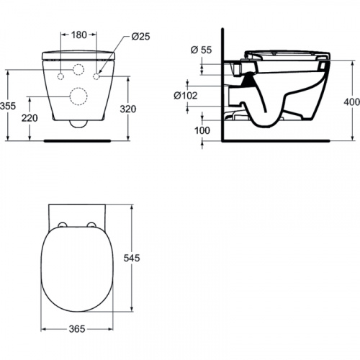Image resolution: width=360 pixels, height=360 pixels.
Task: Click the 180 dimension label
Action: [x=79, y=35]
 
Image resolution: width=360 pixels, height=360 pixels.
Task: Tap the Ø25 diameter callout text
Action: [x=140, y=37]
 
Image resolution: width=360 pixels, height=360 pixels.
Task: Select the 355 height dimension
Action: [x=8, y=106]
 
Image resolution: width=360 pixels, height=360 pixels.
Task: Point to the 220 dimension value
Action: [x=30, y=118]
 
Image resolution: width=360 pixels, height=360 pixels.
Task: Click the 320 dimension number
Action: [x=128, y=109]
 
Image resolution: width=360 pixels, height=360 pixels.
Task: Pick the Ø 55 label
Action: [x=201, y=50]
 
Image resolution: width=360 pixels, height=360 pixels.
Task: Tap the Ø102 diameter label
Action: [x=186, y=96]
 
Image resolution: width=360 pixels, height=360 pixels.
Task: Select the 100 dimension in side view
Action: [x=202, y=130]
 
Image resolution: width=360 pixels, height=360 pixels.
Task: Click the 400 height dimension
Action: [x=352, y=102]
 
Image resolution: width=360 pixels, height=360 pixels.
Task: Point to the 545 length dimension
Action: [x=132, y=258]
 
